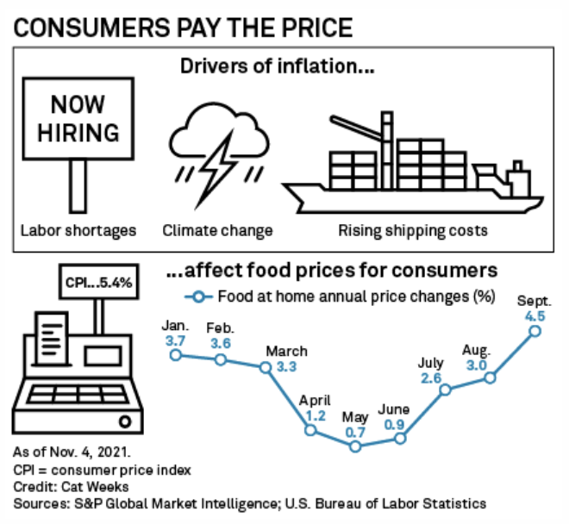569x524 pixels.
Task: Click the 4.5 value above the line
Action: (535, 315)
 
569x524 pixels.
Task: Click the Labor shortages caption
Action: (79, 230)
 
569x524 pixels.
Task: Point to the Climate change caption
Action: (218, 230)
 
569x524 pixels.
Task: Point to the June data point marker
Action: (400, 439)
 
